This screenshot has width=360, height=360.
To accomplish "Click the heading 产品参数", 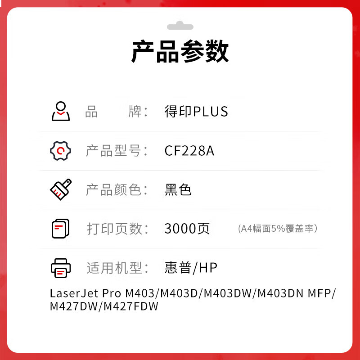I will click(180, 52).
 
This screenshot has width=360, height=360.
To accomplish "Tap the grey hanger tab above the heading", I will click(180, 26).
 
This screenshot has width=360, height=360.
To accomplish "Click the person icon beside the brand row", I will click(61, 111).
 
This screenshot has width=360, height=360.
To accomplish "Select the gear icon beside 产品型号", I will click(61, 150).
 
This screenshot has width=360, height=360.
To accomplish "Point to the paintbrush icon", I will click(61, 189).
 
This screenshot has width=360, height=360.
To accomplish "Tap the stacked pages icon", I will click(61, 228).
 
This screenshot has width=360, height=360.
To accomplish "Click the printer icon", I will click(61, 268).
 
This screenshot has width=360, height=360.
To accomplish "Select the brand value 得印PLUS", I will click(196, 112).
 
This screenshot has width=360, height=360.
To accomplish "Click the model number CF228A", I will click(189, 151).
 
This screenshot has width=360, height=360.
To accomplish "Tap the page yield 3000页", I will click(187, 229).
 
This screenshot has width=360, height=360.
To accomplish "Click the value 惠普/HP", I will click(191, 268).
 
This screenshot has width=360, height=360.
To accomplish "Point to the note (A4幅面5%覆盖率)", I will click(278, 229).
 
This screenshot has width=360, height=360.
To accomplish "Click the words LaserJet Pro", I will click(85, 293).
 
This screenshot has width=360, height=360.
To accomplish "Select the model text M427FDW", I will click(131, 306).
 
